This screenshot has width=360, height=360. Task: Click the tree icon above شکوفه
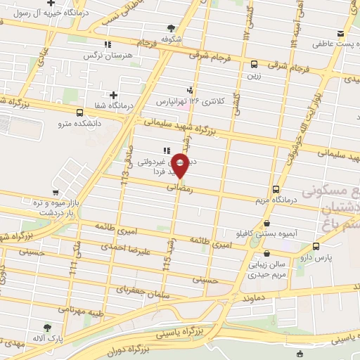tap(172, 28)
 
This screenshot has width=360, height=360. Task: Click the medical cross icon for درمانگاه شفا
tap(113, 95)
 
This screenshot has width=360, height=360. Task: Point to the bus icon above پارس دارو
tap(315, 246)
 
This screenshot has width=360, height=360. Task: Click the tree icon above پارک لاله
tap(47, 328)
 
